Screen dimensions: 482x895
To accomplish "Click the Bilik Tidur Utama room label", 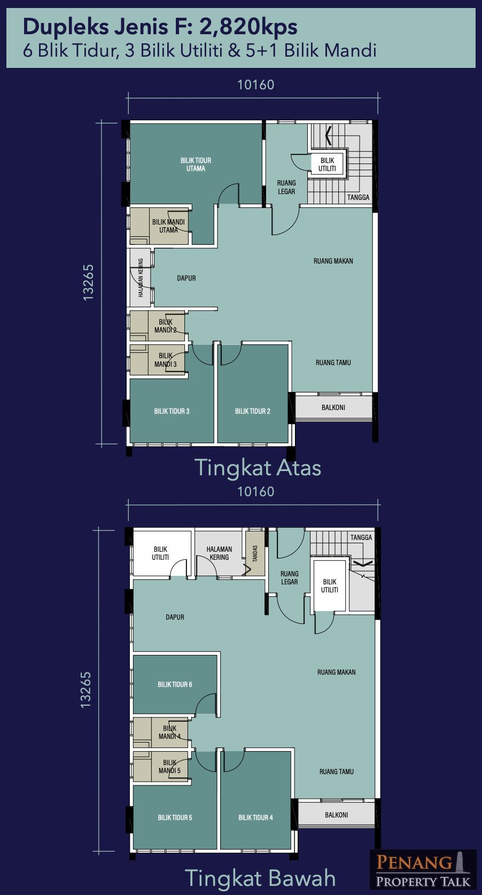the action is (x=196, y=164).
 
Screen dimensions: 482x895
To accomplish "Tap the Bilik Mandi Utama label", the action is (x=168, y=226).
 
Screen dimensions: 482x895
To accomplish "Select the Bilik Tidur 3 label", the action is (x=172, y=411).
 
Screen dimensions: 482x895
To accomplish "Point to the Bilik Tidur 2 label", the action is (x=252, y=411).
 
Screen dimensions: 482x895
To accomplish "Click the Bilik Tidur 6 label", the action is (x=175, y=684).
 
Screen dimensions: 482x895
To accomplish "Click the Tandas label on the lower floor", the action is (x=255, y=553).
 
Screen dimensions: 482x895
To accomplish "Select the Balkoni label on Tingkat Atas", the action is (x=333, y=407).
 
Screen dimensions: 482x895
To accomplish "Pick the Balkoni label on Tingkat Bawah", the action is (x=336, y=814).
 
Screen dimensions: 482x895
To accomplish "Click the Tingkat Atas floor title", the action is (x=258, y=467).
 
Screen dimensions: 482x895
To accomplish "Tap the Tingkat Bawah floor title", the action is (x=260, y=878).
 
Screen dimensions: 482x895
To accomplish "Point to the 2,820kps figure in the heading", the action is (x=248, y=27).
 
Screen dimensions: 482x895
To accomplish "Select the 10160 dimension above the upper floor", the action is (x=255, y=84).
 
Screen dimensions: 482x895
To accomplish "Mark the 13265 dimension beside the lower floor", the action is (x=86, y=690).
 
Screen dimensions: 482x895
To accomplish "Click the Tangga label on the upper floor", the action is (x=358, y=197).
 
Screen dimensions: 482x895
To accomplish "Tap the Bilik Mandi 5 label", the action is (x=169, y=766).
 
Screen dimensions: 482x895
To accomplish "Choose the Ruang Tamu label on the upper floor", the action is (x=333, y=362).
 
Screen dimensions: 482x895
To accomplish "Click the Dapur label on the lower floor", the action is (x=175, y=617).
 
